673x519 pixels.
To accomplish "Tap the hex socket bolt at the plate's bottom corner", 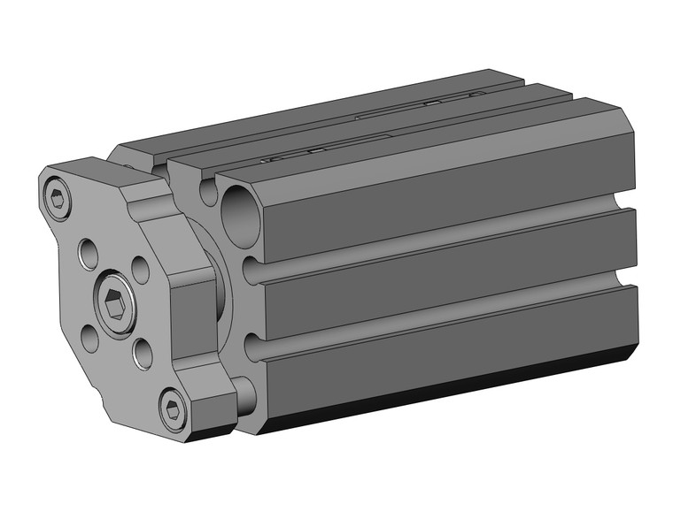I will click(173, 408).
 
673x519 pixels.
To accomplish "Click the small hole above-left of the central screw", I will click(89, 254).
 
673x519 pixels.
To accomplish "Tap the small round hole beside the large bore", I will click(209, 190).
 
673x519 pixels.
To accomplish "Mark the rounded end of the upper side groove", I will click(251, 270).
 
